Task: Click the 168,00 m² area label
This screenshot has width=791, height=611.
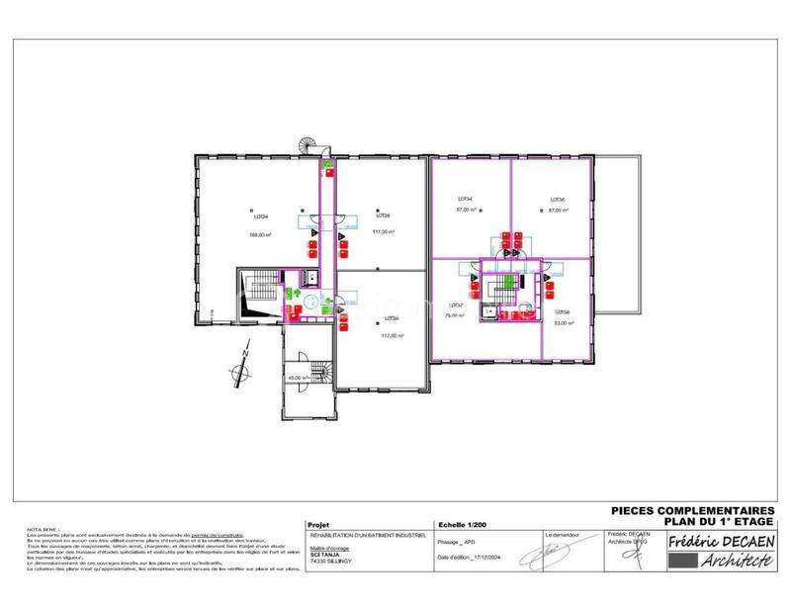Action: (x=260, y=234)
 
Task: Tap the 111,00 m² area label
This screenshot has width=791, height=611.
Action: (x=383, y=231)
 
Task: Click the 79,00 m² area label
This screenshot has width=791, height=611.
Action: (x=456, y=317)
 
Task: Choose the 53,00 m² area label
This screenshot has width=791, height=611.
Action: (x=565, y=322)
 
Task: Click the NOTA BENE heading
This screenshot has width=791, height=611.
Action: (x=44, y=530)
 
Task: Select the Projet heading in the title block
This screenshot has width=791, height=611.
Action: (x=318, y=526)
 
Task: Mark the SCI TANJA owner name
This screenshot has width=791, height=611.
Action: (x=324, y=555)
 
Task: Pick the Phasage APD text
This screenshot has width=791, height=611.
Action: (x=456, y=543)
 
